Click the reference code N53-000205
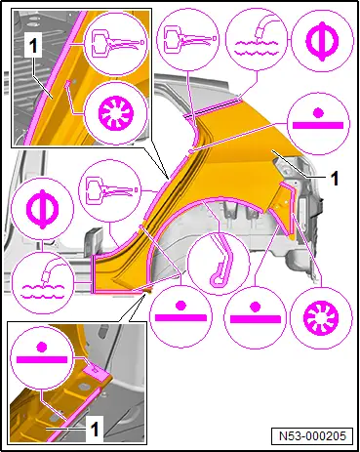click(x=312, y=435)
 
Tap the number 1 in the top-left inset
click(x=33, y=47)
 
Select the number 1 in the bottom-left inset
click(x=95, y=429)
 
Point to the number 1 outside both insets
click(x=335, y=178)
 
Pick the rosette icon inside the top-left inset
click(x=115, y=113)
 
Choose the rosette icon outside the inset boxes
click(x=321, y=317)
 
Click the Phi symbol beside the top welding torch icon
click(x=322, y=41)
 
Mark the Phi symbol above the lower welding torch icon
click(x=43, y=209)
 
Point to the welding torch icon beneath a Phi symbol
click(x=43, y=282)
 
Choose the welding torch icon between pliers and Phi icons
click(x=257, y=41)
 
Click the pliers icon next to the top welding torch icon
click(x=187, y=40)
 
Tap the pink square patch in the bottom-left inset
click(x=97, y=373)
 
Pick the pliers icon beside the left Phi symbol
click(x=110, y=190)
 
